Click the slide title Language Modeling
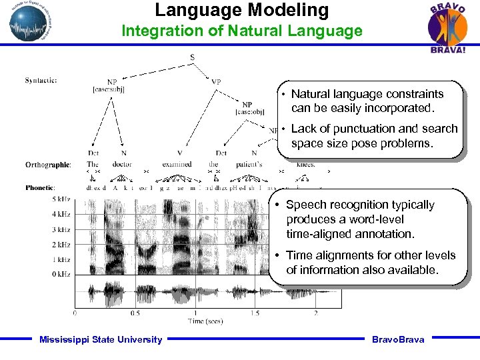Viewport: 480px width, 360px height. point(242,11)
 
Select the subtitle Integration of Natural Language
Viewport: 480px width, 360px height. point(241,31)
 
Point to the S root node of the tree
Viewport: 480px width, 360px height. point(193,58)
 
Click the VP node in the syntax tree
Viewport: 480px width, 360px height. point(216,82)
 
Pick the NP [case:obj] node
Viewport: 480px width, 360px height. point(247,108)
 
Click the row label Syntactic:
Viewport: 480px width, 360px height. point(41,81)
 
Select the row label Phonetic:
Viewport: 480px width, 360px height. point(39,188)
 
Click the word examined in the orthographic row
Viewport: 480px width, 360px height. point(177,164)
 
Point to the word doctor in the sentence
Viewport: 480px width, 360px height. point(122,164)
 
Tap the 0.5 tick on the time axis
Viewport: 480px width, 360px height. point(135,313)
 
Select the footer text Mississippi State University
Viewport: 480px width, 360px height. point(101,340)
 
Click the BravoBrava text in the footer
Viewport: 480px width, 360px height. point(398,340)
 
